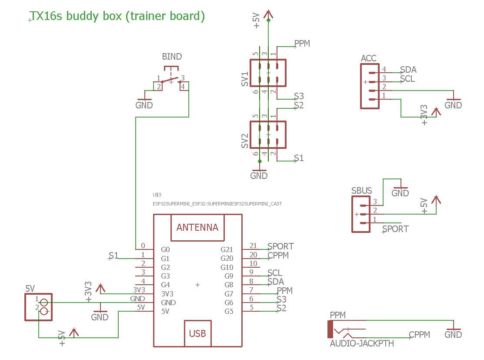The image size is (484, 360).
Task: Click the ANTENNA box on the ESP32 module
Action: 197,227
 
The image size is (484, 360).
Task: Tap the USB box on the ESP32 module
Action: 197,333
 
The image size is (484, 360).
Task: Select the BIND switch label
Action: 172,57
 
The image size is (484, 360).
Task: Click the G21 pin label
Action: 227,250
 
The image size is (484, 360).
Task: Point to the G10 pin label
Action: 227,267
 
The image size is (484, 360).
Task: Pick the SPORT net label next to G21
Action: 280,246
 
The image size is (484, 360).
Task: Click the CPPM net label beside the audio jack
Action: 419,334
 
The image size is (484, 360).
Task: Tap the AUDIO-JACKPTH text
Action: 362,343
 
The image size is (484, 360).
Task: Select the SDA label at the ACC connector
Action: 408,70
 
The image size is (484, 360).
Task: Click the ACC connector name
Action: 368,58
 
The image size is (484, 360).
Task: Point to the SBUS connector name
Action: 361,191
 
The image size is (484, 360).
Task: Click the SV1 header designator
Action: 245,79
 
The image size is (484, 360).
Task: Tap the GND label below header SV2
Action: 259,176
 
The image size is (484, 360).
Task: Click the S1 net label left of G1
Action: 113,256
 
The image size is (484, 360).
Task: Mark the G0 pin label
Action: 165,250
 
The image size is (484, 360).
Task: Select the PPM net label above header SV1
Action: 302,44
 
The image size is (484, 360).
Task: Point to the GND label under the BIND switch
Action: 144,105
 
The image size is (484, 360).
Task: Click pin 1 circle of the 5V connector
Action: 44,302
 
